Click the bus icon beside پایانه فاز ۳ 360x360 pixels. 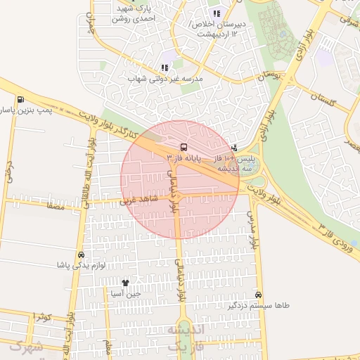coord(184,148)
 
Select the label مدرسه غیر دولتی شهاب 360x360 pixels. coord(165,79)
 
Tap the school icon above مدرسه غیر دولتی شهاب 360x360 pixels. coord(165,67)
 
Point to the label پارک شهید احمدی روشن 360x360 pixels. coord(117,15)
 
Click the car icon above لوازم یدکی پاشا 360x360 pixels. coord(81,255)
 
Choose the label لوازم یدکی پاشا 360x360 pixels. coord(81,266)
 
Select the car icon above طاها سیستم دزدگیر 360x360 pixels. coord(259,295)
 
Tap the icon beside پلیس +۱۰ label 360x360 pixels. coord(234,148)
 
